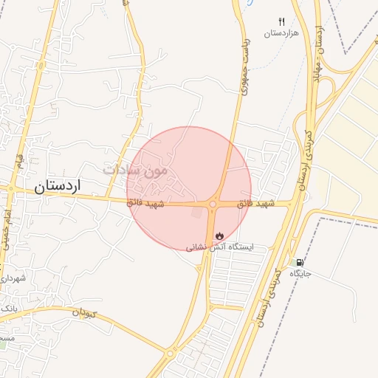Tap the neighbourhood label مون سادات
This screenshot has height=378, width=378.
(136, 169)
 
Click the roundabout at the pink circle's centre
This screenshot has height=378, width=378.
(213, 204)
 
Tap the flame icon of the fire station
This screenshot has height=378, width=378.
(219, 236)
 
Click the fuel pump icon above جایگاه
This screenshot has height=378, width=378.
(299, 262)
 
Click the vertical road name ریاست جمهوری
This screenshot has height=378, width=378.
(247, 74)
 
